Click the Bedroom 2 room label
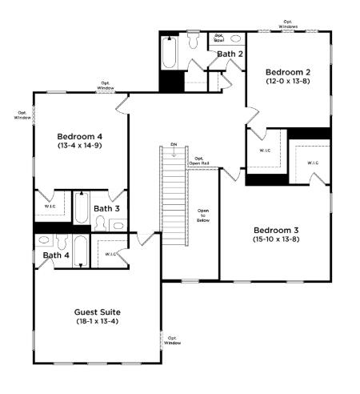click(288, 70)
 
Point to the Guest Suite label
click(97, 311)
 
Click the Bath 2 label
click(230, 54)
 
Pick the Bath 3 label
click(106, 208)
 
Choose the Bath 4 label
click(56, 255)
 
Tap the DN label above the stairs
click(174, 145)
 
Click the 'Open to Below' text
click(203, 217)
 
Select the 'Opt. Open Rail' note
click(199, 160)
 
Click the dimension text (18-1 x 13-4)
click(97, 321)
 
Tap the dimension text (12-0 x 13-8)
click(288, 81)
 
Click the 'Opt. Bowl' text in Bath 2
click(218, 37)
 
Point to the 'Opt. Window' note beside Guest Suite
click(173, 340)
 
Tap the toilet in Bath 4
click(44, 241)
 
